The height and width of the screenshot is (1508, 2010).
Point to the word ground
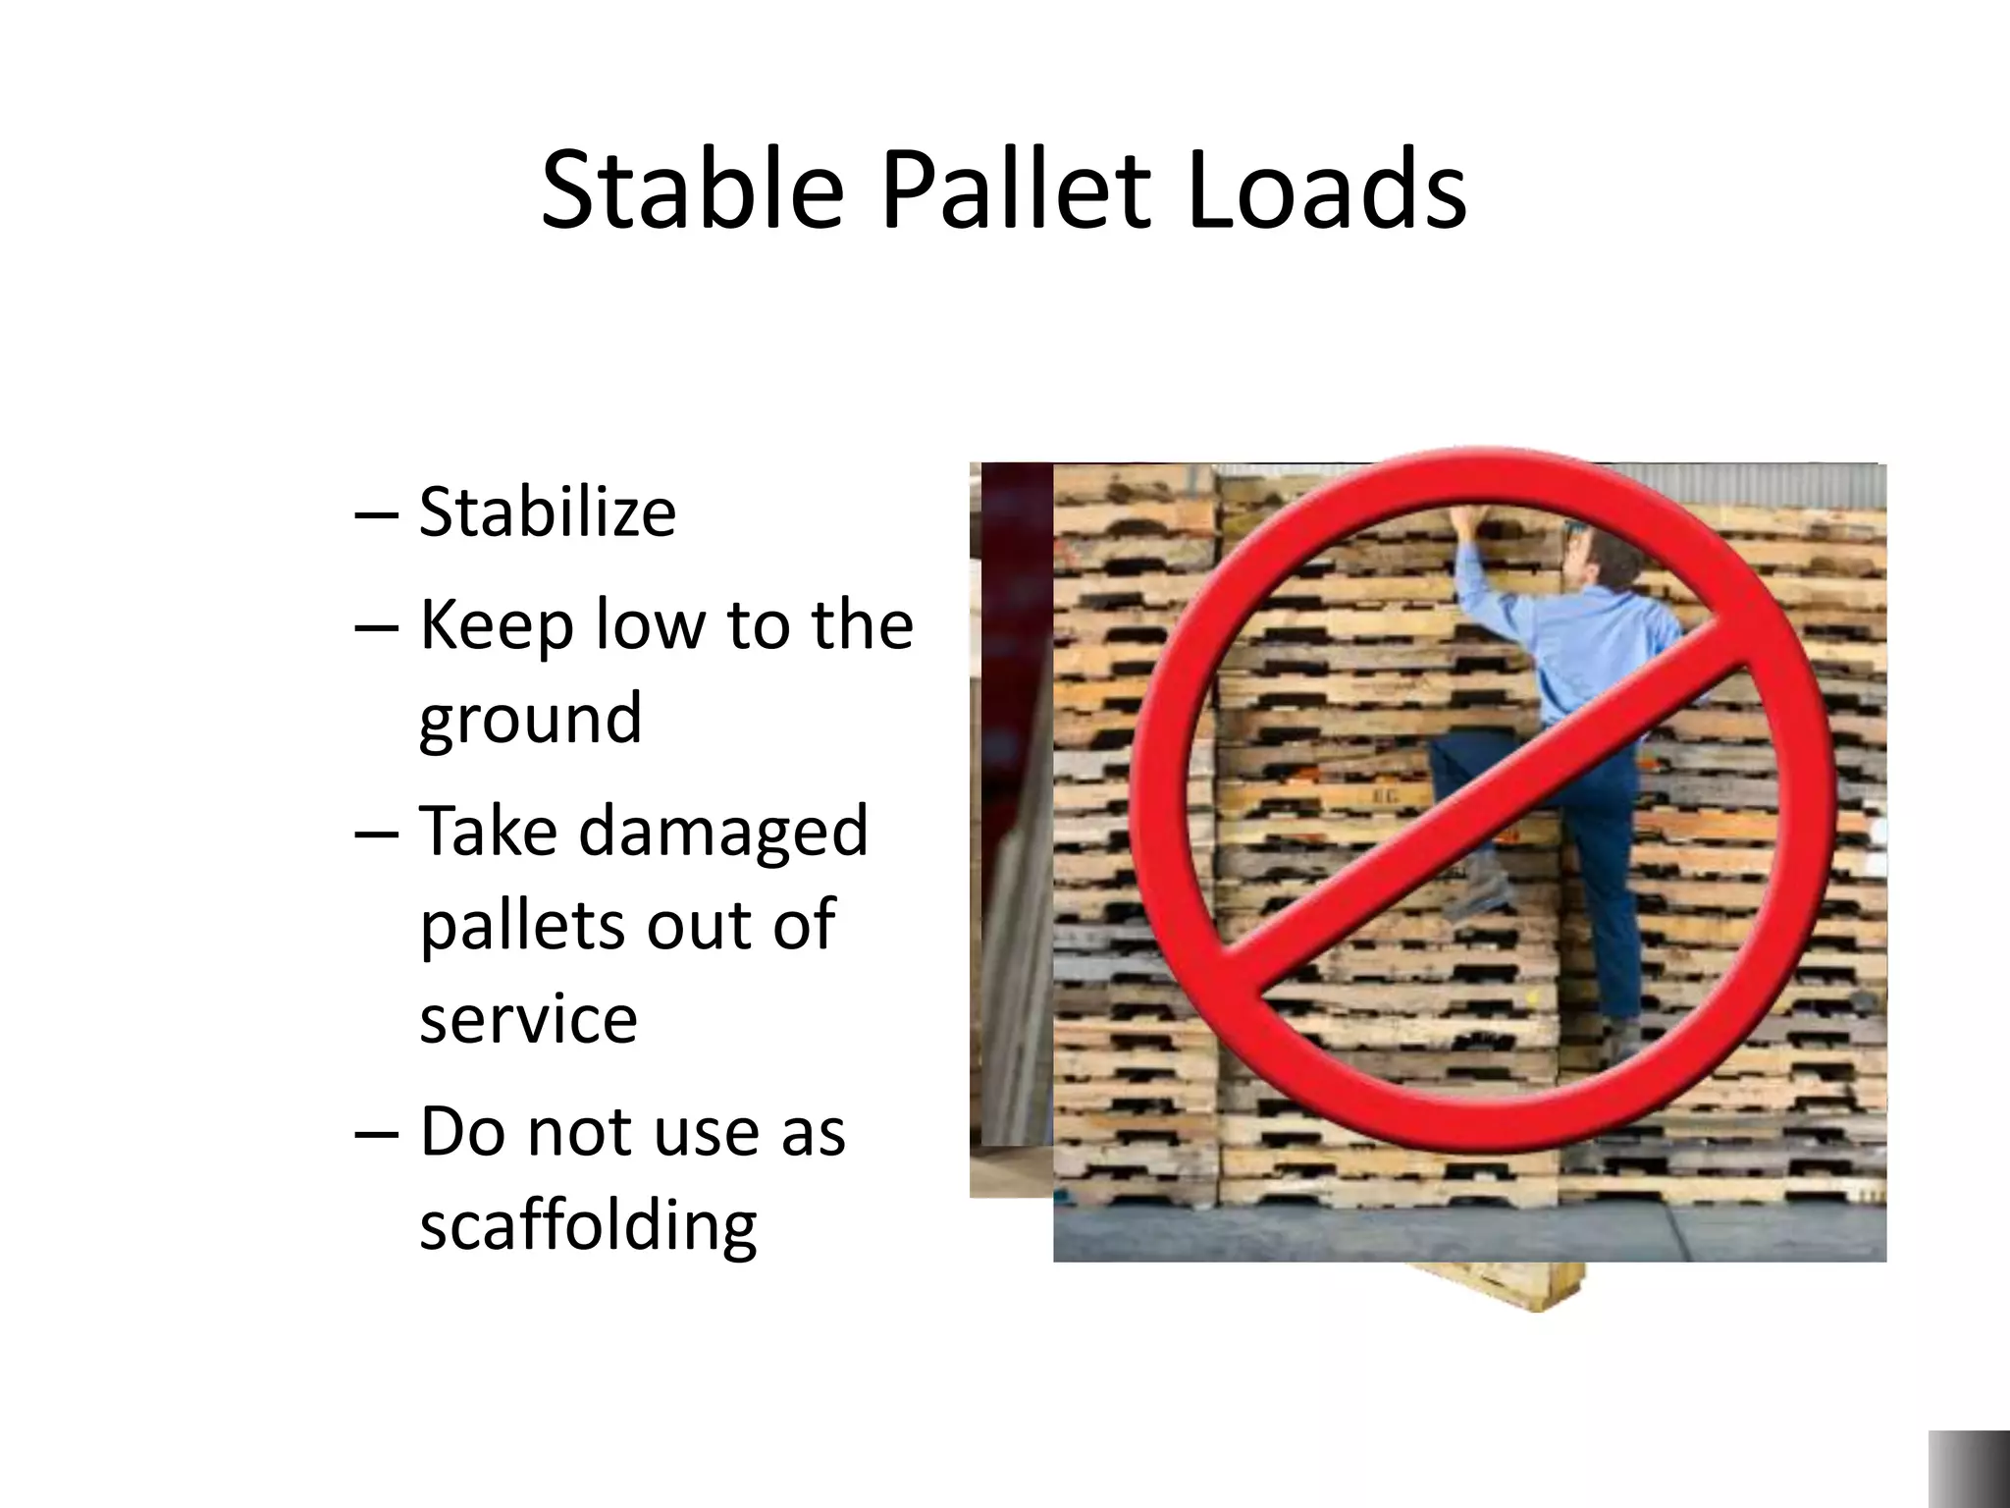[530, 720]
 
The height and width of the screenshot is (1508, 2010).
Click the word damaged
[723, 830]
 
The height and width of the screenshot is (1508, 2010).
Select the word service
[528, 1018]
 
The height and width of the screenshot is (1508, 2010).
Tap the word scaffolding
[588, 1226]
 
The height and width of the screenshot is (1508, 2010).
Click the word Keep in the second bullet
[496, 625]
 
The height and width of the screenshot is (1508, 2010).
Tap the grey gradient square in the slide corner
[1969, 1469]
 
